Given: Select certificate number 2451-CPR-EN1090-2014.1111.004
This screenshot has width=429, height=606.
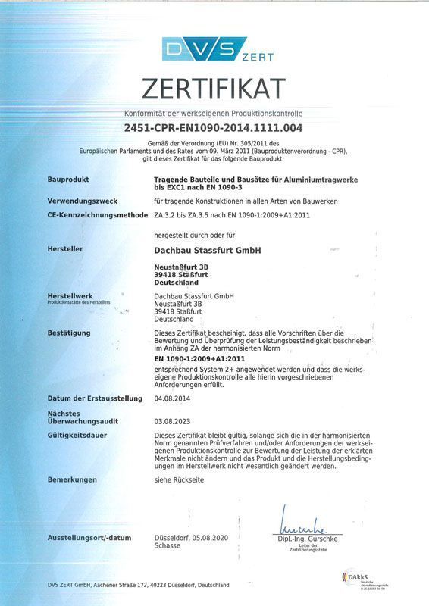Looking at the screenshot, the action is (x=214, y=128).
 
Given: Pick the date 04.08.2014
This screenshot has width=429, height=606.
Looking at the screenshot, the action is (x=171, y=398).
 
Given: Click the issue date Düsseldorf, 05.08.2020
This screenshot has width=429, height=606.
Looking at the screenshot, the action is (x=191, y=538).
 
